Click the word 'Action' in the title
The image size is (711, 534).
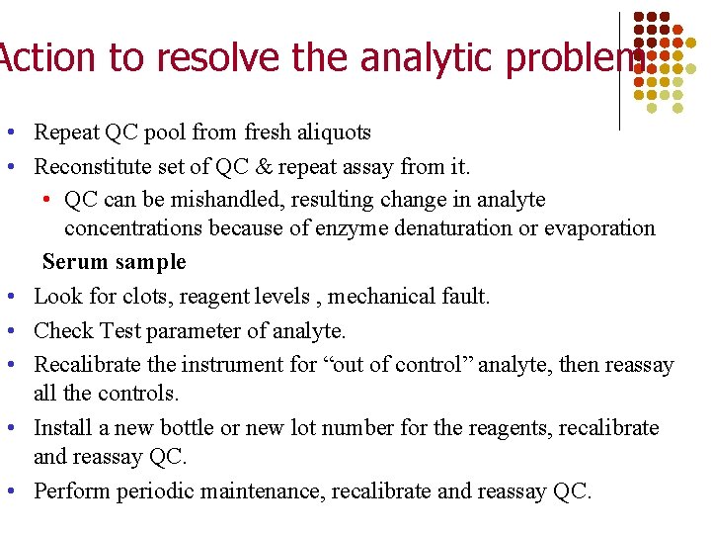pos(48,58)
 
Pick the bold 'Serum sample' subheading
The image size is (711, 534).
pos(114,262)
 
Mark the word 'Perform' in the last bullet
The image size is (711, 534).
pos(72,491)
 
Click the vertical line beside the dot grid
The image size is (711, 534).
pos(619,69)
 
